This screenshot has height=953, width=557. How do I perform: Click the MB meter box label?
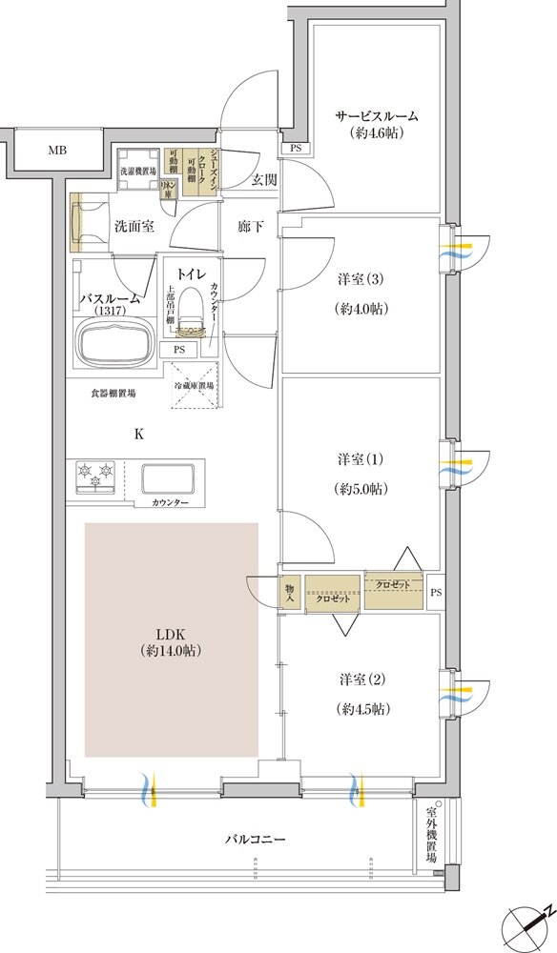pyautogui.click(x=58, y=151)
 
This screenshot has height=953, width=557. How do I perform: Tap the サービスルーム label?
pyautogui.click(x=377, y=115)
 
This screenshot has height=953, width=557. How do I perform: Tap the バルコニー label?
pyautogui.click(x=255, y=840)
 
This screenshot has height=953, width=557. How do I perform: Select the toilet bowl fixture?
pyautogui.click(x=190, y=310)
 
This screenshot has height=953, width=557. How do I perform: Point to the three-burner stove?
pyautogui.click(x=96, y=474)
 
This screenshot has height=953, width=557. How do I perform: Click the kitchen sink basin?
pyautogui.click(x=168, y=479)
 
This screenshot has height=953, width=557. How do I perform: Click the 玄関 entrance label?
pyautogui.click(x=264, y=179)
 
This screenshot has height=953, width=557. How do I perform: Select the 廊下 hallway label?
pyautogui.click(x=251, y=227)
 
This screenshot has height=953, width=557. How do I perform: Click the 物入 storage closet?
pyautogui.click(x=290, y=591)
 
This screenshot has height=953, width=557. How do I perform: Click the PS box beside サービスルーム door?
pyautogui.click(x=296, y=147)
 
